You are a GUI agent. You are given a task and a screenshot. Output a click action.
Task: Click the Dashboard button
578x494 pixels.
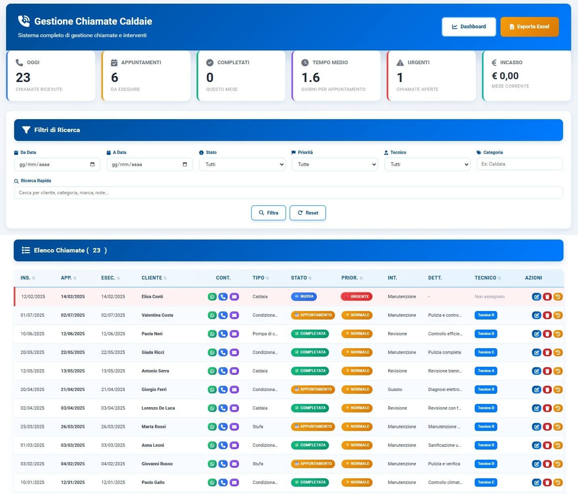pyautogui.click(x=469, y=27)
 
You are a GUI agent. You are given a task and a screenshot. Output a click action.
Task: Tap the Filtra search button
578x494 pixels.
pyautogui.click(x=268, y=213)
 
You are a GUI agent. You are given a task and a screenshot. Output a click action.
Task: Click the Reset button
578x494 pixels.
pyautogui.click(x=308, y=213)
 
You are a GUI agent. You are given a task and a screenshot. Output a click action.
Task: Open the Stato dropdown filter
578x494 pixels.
pyautogui.click(x=242, y=164)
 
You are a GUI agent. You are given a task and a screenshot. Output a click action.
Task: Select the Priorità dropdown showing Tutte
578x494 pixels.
pyautogui.click(x=335, y=164)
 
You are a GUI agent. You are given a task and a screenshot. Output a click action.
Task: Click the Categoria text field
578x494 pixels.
pyautogui.click(x=519, y=164)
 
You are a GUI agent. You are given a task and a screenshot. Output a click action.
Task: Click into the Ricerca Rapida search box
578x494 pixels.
pyautogui.click(x=288, y=193)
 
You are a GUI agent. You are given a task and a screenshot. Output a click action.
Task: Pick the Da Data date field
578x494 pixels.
pyautogui.click(x=57, y=164)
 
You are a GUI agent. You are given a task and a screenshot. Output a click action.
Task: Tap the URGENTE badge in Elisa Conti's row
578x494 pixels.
pyautogui.click(x=357, y=296)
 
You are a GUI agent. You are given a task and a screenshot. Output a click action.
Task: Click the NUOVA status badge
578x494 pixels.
pyautogui.click(x=304, y=296)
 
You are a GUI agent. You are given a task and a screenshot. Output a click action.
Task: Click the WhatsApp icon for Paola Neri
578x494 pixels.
pyautogui.click(x=212, y=334)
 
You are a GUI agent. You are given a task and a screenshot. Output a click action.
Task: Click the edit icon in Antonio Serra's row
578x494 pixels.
pyautogui.click(x=536, y=371)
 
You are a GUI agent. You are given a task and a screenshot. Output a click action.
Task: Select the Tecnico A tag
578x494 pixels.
pyautogui.click(x=486, y=371)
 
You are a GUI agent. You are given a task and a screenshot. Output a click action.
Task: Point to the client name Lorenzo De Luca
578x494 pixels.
pyautogui.click(x=158, y=408)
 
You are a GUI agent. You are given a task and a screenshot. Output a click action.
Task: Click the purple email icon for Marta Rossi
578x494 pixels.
pyautogui.click(x=234, y=427)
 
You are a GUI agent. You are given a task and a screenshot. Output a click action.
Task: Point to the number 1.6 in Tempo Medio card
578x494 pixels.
pyautogui.click(x=310, y=78)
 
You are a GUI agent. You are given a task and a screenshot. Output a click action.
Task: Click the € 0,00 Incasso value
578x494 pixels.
pyautogui.click(x=505, y=76)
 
